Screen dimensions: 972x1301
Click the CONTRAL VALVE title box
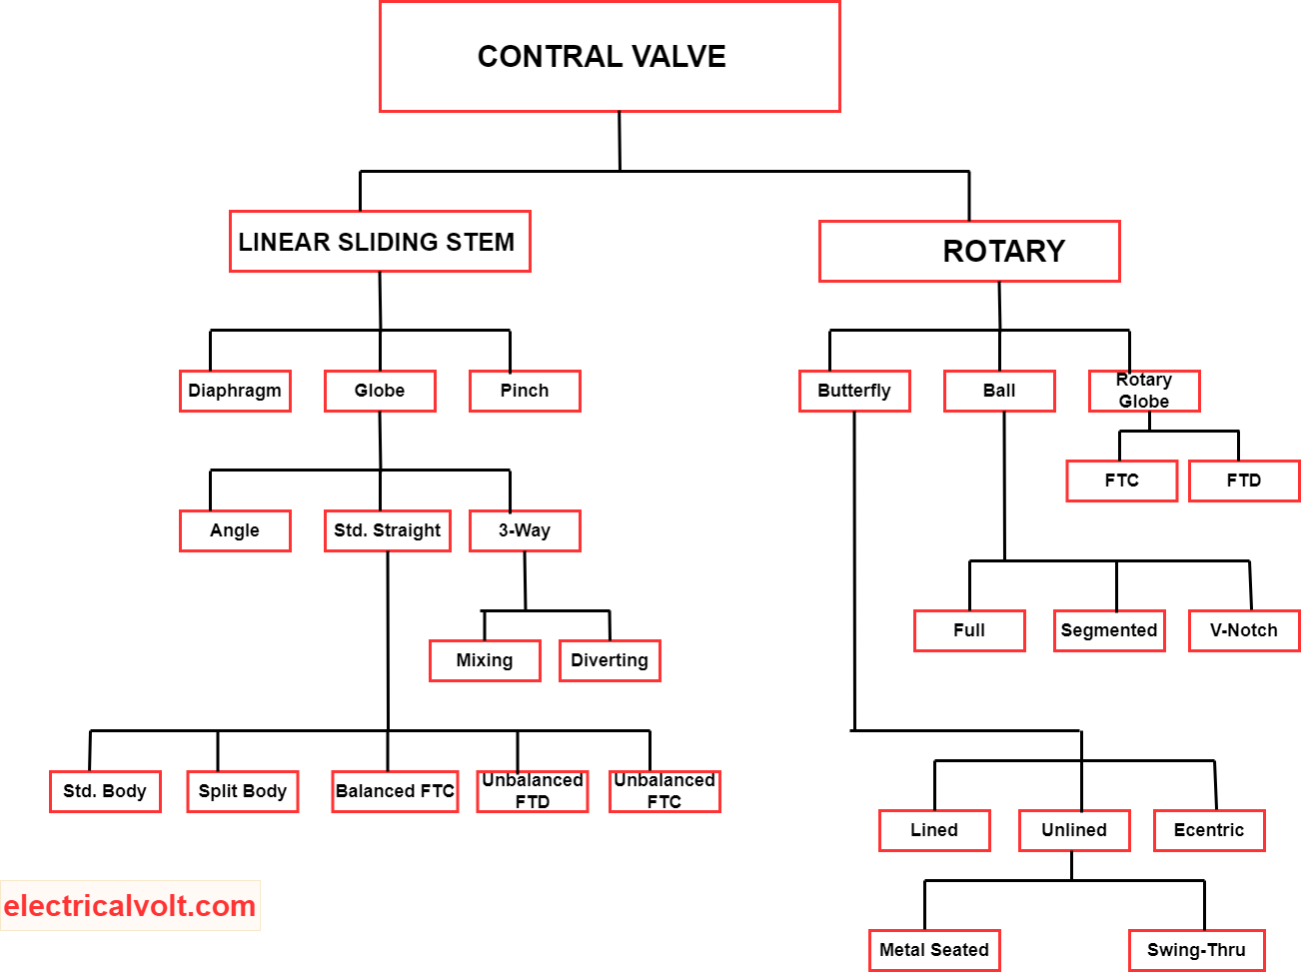click(x=610, y=57)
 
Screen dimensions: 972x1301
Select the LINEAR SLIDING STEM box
click(x=380, y=242)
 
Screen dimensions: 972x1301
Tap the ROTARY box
click(x=969, y=252)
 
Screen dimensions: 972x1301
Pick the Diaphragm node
click(x=235, y=391)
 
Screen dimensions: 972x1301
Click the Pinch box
click(x=525, y=391)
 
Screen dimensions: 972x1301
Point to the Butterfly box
click(x=854, y=391)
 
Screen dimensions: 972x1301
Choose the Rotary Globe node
click(x=1144, y=391)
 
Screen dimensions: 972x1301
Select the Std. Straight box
click(x=388, y=530)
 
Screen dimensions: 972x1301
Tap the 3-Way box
click(x=525, y=530)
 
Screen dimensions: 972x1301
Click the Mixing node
click(x=485, y=660)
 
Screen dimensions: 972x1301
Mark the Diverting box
click(x=610, y=660)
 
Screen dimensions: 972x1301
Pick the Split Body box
click(x=243, y=791)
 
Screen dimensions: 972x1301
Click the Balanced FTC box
click(x=395, y=791)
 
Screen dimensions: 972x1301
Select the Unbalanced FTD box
click(x=533, y=791)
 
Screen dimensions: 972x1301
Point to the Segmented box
click(x=1109, y=630)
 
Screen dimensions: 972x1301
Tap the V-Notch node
click(x=1244, y=630)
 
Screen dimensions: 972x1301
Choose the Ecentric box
click(x=1209, y=830)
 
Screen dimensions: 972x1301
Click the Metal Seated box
click(x=934, y=950)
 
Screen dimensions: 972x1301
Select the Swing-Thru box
click(x=1197, y=950)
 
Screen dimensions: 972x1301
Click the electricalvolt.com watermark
click(x=130, y=906)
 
